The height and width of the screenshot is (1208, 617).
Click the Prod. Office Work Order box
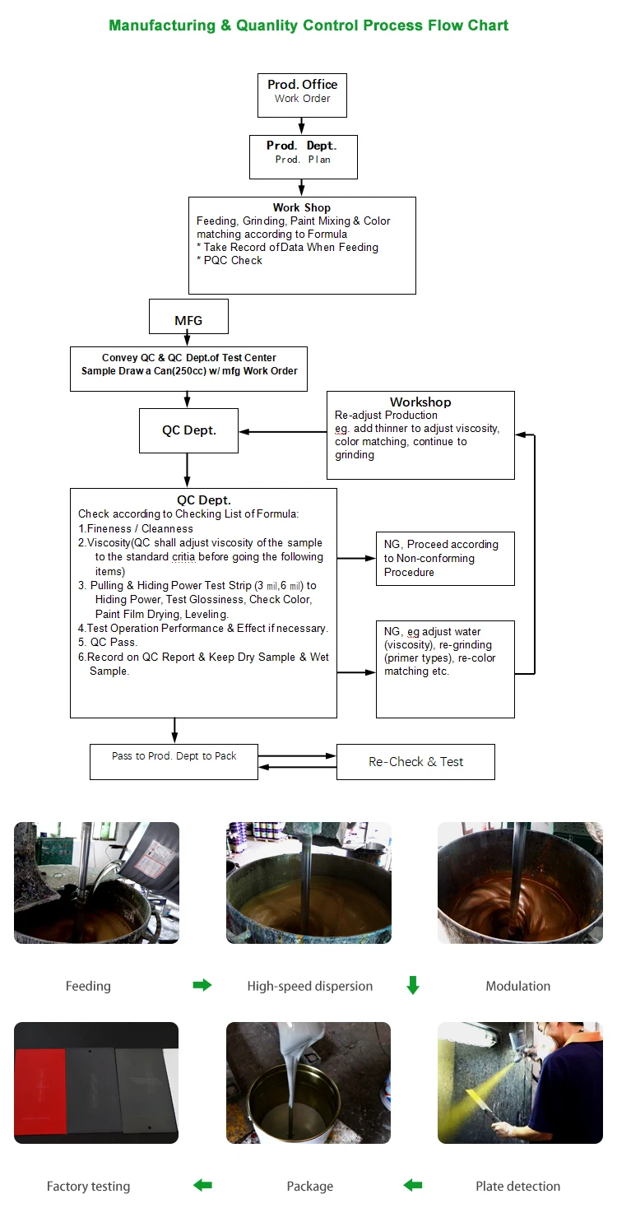(x=302, y=95)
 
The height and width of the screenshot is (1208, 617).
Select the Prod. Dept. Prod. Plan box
(x=303, y=156)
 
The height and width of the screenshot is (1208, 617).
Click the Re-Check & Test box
(x=415, y=762)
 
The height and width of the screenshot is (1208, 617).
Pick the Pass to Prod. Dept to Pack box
(x=174, y=761)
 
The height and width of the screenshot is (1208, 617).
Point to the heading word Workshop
(x=420, y=402)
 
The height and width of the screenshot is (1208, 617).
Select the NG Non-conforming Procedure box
(x=445, y=558)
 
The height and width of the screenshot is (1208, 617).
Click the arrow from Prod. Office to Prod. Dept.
(x=302, y=126)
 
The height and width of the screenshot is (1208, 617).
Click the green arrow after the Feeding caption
(x=202, y=985)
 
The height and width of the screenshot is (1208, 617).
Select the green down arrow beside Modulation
(x=413, y=985)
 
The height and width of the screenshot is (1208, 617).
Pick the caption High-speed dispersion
(x=310, y=986)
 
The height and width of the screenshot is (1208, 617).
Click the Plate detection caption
(x=517, y=1186)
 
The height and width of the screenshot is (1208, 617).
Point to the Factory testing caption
(x=88, y=1186)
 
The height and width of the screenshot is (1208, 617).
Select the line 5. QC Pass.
(x=108, y=642)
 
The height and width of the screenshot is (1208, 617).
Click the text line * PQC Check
(x=230, y=260)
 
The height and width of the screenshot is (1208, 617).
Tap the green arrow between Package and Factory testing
(x=202, y=1185)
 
